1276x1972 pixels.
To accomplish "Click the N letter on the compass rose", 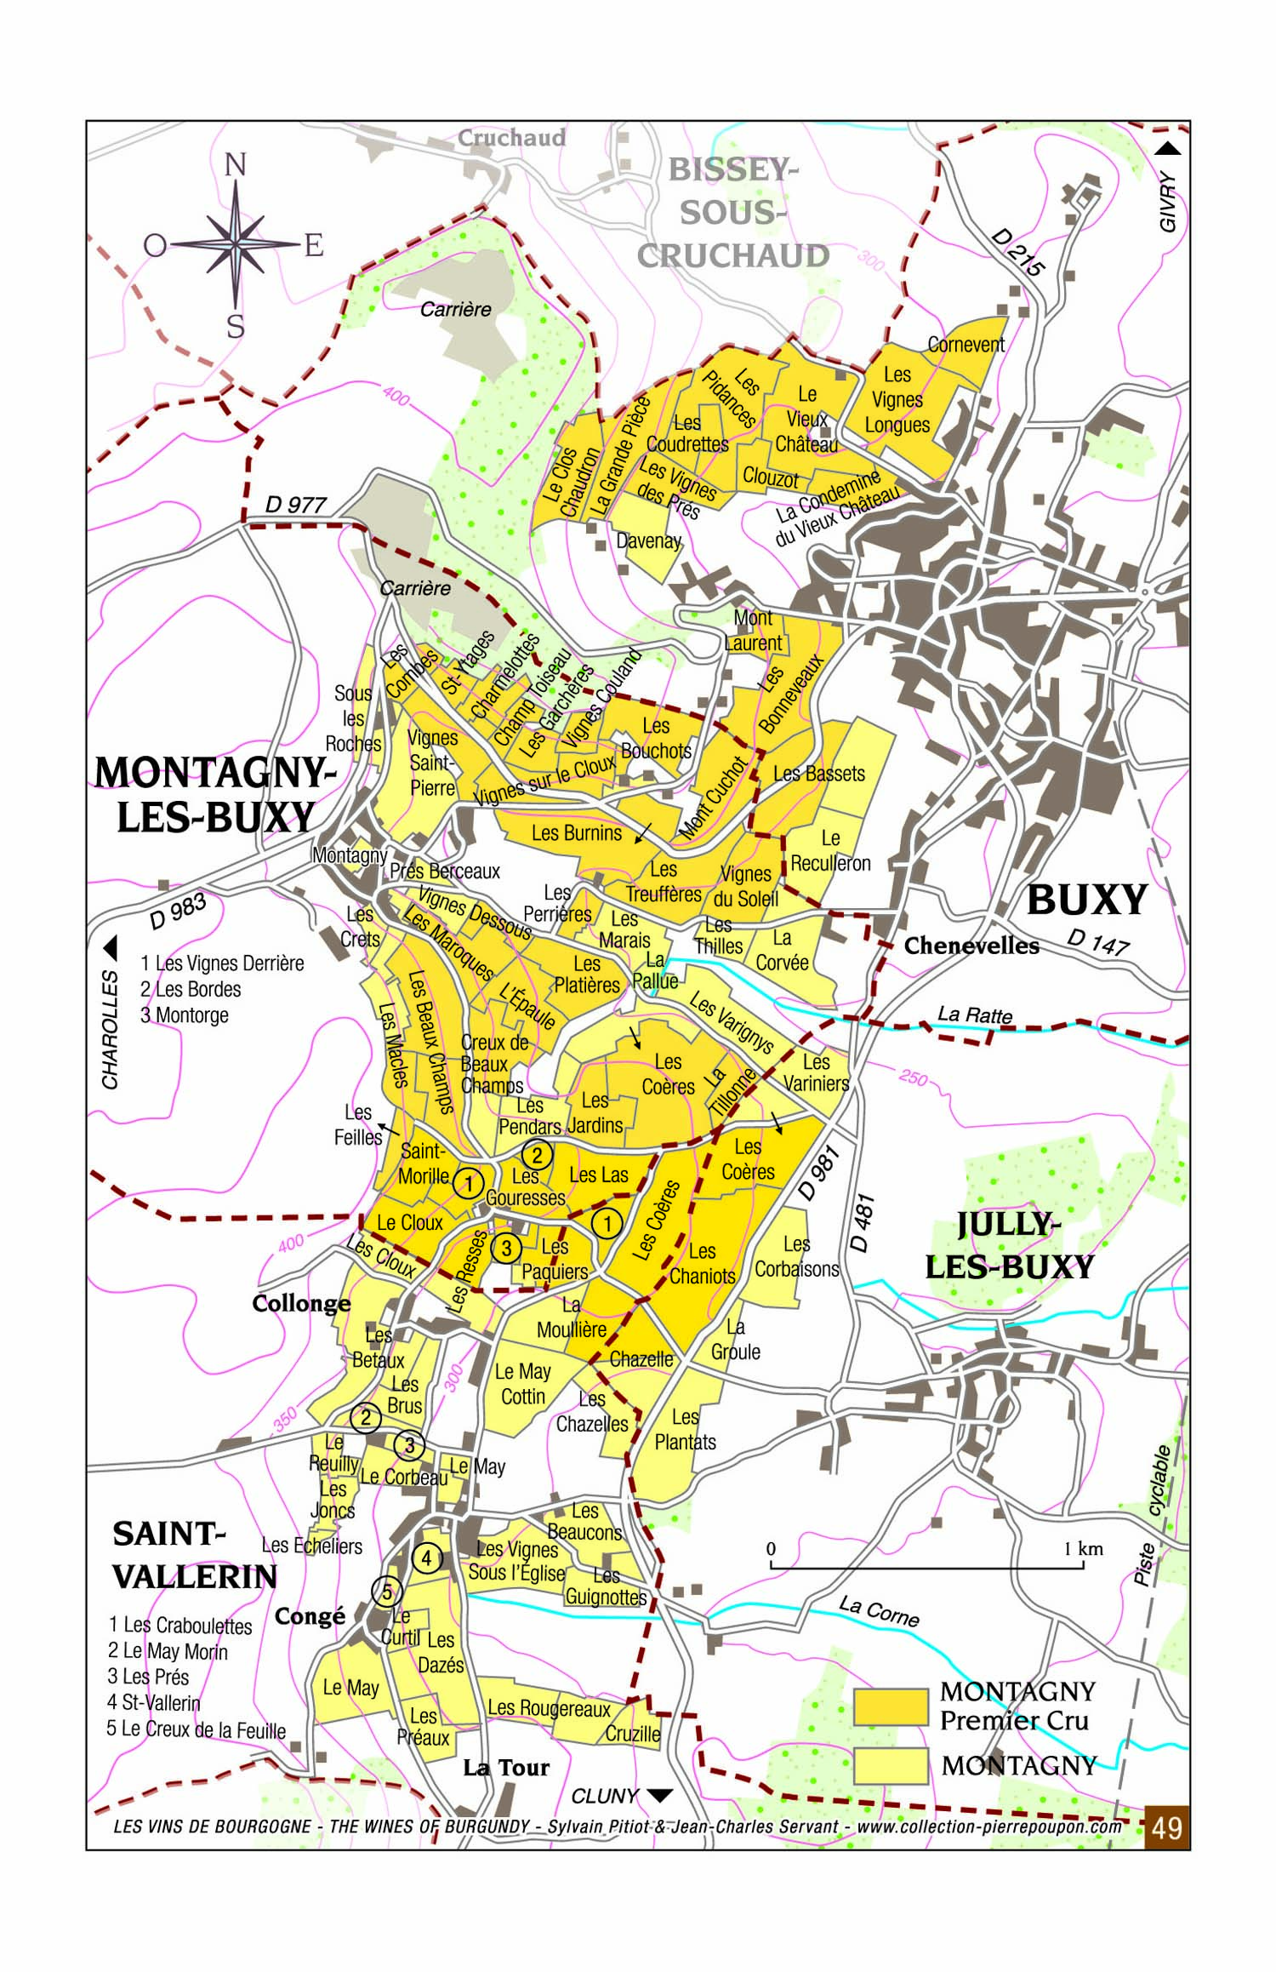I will pos(235,164).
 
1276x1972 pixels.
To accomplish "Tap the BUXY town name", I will pos(1086,900).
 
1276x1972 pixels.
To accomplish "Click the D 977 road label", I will pos(295,505).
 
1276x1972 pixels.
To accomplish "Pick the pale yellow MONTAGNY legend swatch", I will pos(891,1765).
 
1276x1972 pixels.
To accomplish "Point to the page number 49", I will pos(1166,1827).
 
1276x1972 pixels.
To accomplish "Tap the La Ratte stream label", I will pos(975,1015).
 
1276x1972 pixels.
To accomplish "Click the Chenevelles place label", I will pos(971,946).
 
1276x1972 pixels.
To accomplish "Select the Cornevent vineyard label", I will pos(966,345).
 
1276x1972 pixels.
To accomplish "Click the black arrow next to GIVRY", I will pos(1168,149).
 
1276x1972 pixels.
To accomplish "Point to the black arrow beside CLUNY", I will pos(660,1796).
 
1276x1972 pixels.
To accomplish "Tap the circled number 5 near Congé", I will pos(386,1592).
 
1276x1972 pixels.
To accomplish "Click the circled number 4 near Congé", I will pos(427,1558).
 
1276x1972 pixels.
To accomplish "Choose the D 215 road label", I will pos(1017,253).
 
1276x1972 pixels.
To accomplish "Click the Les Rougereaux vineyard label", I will pos(549,1708).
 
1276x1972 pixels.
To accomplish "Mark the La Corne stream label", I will pos(879,1611).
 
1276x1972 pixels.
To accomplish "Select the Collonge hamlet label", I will pos(301,1304).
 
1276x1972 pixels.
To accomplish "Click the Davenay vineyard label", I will pos(648,540).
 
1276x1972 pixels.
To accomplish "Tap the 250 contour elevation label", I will pos(913,1077).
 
